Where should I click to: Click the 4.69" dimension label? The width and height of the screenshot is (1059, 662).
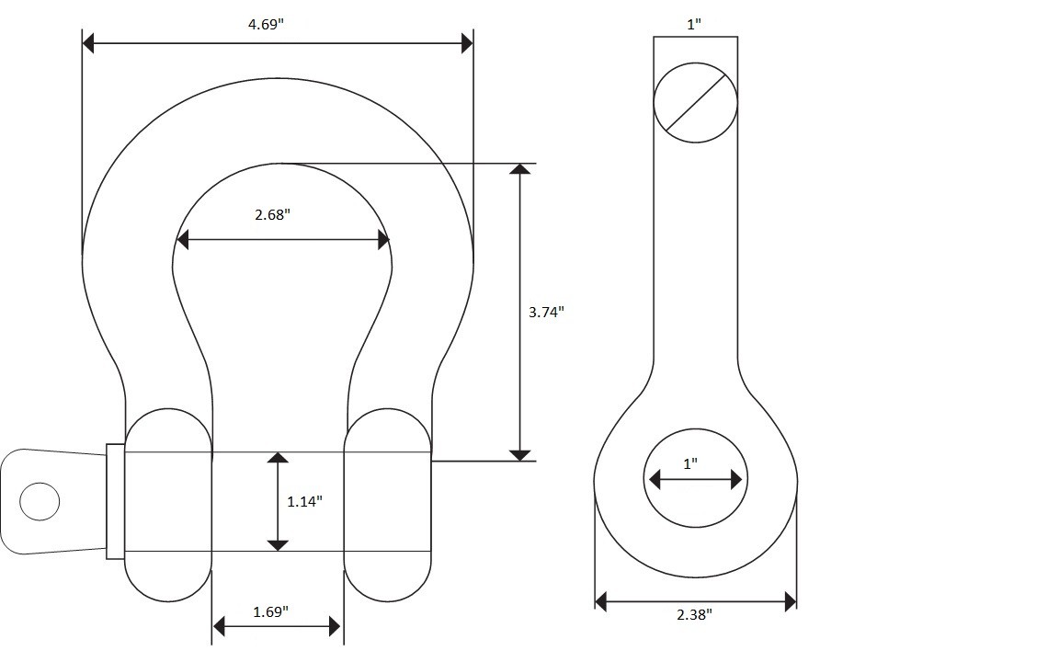(266, 24)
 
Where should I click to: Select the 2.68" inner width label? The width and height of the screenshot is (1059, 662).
(272, 215)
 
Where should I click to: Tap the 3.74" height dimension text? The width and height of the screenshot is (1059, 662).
(546, 312)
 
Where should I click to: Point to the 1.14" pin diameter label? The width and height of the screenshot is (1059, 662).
(304, 501)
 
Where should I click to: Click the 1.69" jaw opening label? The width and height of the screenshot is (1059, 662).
(270, 611)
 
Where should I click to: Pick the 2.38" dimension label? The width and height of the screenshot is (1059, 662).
(694, 615)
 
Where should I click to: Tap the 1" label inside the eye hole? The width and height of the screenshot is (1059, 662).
(690, 464)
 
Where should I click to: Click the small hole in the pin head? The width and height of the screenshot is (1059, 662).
(40, 501)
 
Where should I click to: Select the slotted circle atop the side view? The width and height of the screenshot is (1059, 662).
(696, 102)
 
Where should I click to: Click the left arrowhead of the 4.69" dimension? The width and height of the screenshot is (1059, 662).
(88, 42)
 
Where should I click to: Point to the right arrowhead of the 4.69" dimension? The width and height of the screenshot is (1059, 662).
(467, 42)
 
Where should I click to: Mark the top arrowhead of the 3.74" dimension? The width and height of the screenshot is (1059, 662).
(520, 169)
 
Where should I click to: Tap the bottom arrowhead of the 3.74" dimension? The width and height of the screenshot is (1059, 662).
(520, 455)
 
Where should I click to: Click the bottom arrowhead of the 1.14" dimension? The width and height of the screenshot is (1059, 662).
(278, 545)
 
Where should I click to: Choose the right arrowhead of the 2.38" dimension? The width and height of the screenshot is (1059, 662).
(790, 602)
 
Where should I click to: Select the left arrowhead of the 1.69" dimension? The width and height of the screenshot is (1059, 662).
(218, 627)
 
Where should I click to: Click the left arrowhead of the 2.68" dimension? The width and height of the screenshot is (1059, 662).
(182, 240)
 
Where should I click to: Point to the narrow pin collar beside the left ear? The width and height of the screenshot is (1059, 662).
(115, 502)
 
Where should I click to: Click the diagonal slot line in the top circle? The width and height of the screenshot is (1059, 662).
(696, 102)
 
